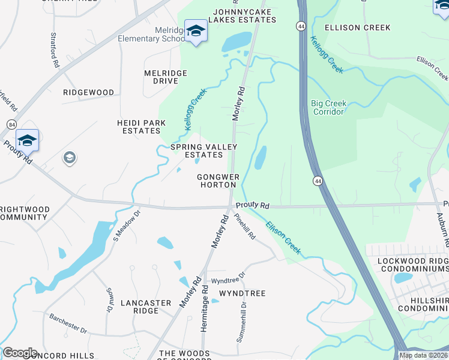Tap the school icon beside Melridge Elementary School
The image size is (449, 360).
click(x=196, y=31)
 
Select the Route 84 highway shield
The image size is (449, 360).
click(x=12, y=124)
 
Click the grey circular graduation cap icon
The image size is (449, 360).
click(x=69, y=158)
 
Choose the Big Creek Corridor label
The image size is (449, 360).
click(x=328, y=107)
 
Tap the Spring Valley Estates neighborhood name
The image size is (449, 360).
click(x=203, y=151)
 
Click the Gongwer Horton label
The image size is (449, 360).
click(x=218, y=181)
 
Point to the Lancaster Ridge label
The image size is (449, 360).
click(x=146, y=307)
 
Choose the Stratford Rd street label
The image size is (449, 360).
click(x=55, y=50)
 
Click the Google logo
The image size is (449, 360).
click(x=20, y=353)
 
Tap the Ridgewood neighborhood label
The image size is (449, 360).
click(x=89, y=92)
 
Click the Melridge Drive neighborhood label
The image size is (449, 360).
click(x=166, y=77)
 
